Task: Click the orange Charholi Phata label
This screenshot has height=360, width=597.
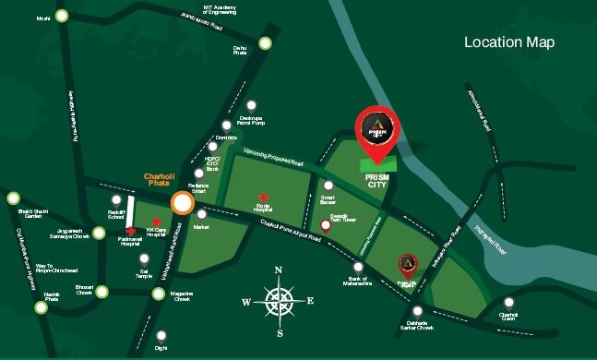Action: tap(150, 182)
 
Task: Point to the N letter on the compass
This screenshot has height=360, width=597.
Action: tap(278, 270)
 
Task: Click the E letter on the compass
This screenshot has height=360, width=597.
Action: tap(310, 301)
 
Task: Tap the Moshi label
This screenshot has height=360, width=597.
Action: tap(42, 18)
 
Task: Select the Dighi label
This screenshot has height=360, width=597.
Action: tap(161, 348)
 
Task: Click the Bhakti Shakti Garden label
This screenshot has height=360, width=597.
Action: tap(16, 216)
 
